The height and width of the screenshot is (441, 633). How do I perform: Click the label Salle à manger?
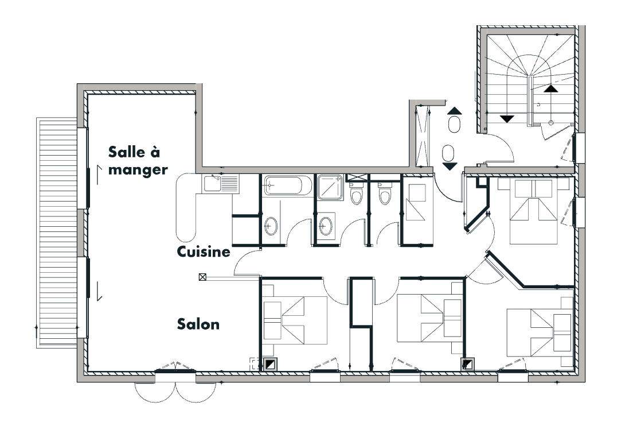click(x=138, y=160)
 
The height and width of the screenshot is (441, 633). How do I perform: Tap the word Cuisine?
click(x=204, y=252)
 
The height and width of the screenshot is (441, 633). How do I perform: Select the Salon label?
click(x=198, y=324)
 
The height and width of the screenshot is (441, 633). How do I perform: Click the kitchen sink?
click(x=221, y=184)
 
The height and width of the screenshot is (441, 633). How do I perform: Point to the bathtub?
click(x=287, y=185)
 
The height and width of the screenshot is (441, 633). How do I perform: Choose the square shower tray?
click(x=330, y=187)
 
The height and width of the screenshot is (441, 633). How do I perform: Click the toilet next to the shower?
click(x=355, y=194)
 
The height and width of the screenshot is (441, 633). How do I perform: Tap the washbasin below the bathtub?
click(x=271, y=226)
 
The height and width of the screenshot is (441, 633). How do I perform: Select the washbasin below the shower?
click(x=325, y=226)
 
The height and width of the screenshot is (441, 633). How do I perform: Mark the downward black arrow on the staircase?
click(x=507, y=119)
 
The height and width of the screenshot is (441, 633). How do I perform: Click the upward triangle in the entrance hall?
click(x=455, y=110)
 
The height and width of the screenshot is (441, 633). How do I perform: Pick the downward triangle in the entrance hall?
click(x=450, y=166)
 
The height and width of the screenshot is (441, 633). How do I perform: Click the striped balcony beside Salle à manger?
click(x=57, y=231)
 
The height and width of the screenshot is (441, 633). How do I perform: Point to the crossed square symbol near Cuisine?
click(x=202, y=277)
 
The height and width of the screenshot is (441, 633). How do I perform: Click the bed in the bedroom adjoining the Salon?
click(x=295, y=320)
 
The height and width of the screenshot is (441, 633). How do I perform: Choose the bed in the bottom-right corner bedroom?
click(x=540, y=333)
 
